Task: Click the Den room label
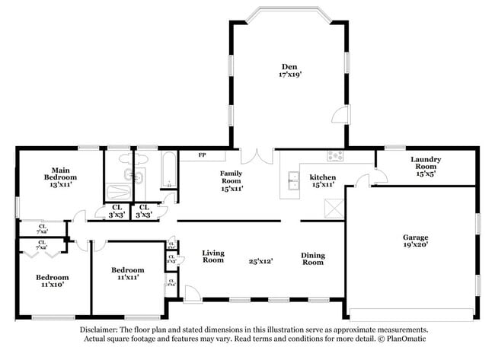[x=289, y=66]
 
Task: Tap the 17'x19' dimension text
[x=289, y=75]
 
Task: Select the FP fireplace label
[x=203, y=155]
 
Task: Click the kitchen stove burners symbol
[x=336, y=156]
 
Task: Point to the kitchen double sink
[x=293, y=180]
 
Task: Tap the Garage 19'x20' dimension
[x=416, y=245]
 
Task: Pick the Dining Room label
[x=313, y=258]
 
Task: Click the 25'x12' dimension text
[x=260, y=261]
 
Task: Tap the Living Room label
[x=213, y=256]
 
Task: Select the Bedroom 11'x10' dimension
[x=53, y=285]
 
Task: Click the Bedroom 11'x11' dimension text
[x=128, y=278]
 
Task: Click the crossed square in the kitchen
[x=333, y=208]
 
